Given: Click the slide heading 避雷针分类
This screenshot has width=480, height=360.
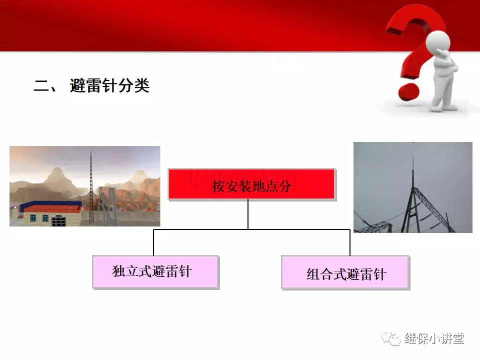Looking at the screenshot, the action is (109, 85).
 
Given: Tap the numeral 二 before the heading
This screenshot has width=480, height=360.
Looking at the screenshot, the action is (41, 85).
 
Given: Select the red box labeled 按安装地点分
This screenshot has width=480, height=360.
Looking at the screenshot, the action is (252, 184).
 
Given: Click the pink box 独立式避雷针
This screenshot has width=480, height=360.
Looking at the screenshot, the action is (156, 272).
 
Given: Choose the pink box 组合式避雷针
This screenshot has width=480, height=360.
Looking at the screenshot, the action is (345, 273).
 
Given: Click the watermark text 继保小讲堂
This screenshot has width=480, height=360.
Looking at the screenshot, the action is (434, 338).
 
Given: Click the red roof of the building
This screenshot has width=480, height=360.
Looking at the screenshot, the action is (52, 209).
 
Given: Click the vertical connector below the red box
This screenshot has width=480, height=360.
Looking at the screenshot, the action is (248, 215).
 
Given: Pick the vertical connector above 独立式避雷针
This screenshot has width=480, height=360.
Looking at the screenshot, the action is (153, 242).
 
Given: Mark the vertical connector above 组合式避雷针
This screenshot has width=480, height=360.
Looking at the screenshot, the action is (350, 242).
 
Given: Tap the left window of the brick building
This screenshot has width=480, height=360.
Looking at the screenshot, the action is (33, 218).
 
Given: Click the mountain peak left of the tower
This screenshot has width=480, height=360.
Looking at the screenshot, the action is (57, 169).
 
